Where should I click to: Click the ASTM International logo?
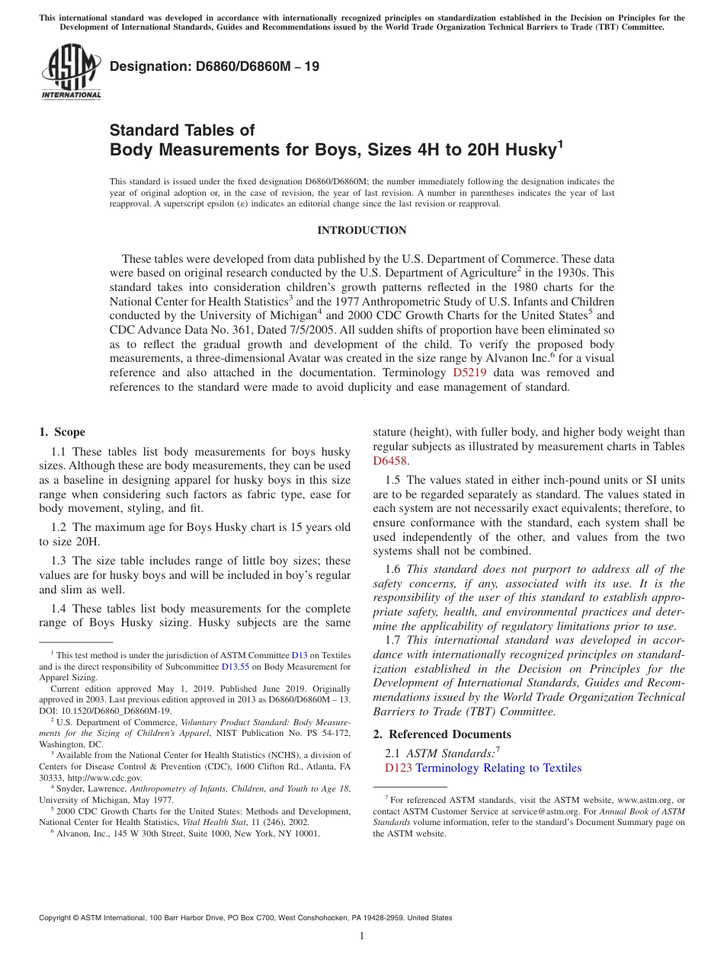(x=71, y=72)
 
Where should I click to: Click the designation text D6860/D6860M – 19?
(x=215, y=67)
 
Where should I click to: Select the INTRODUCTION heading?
(x=361, y=230)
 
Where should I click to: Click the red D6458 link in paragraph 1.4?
(x=390, y=460)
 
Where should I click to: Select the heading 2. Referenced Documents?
(x=441, y=734)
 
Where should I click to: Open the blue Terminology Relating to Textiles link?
(x=498, y=768)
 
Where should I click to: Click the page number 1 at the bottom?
(x=362, y=935)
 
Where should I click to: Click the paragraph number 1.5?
(x=392, y=480)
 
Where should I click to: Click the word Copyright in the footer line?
(x=57, y=918)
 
